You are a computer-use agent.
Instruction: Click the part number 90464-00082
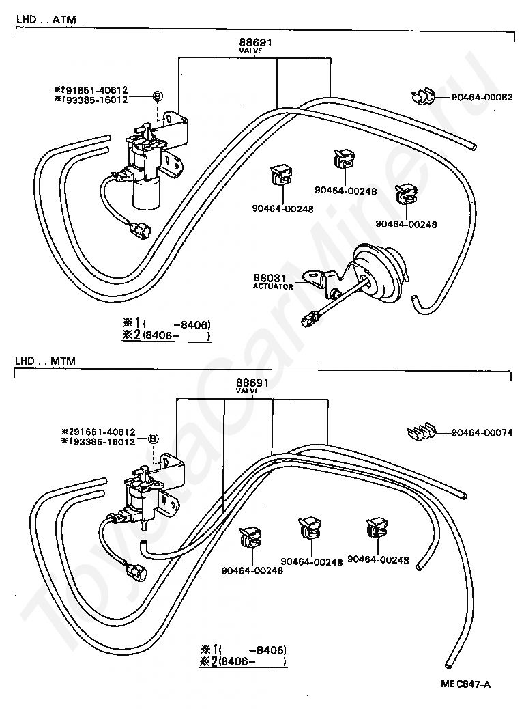(x=482, y=97)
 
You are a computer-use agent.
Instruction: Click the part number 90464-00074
(x=482, y=433)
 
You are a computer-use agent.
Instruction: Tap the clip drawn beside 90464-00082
(x=426, y=97)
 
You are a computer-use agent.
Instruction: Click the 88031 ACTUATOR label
(x=273, y=281)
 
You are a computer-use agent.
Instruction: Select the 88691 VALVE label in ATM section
(x=256, y=46)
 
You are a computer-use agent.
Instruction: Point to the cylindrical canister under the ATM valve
(x=147, y=193)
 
